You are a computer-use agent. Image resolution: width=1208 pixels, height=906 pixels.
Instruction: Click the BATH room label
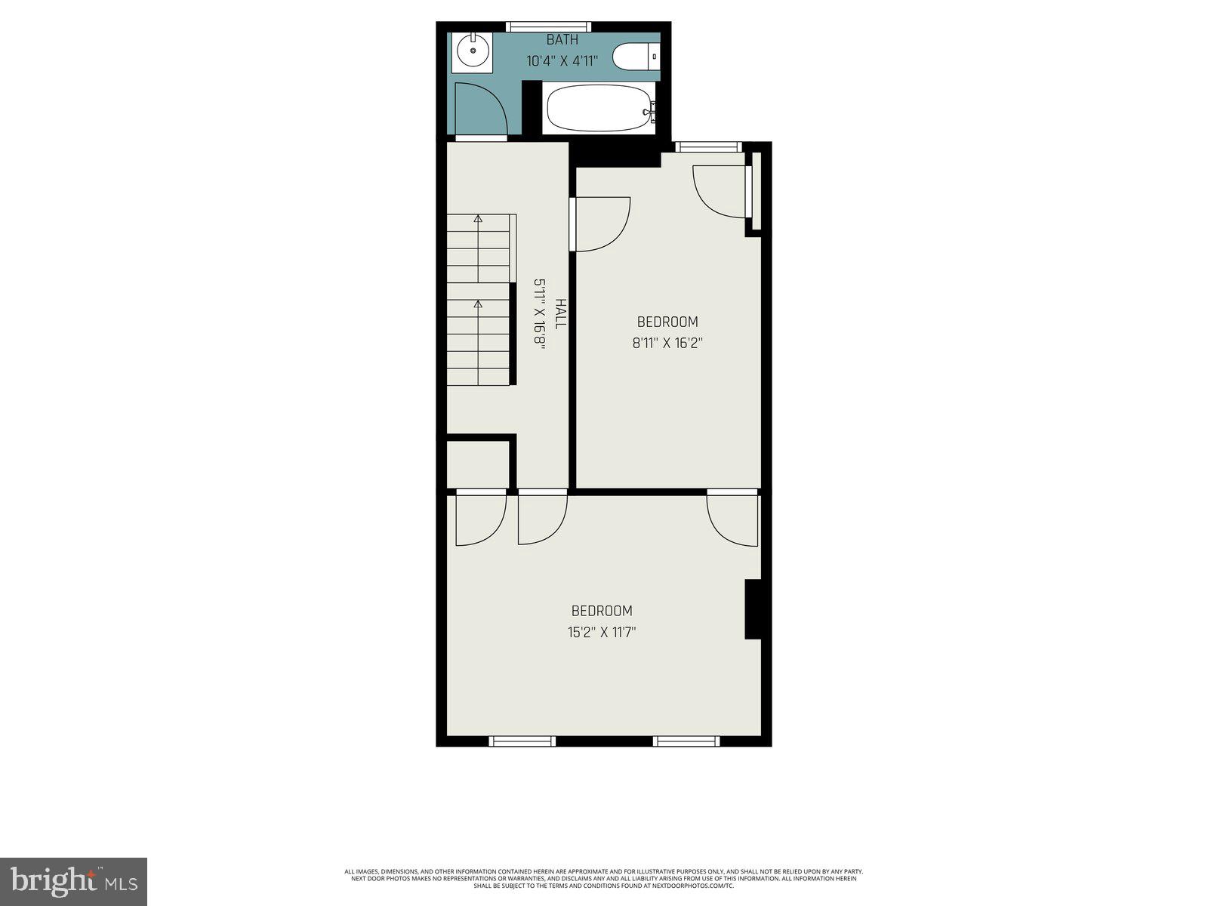(562, 40)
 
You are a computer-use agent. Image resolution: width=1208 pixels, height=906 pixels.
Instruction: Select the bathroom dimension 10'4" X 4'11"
(562, 61)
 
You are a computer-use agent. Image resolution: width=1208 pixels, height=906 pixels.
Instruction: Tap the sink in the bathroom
(473, 51)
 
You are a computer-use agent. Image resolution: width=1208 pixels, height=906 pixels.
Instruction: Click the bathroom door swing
(482, 111)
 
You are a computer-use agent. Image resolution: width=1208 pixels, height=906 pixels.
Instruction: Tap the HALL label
(560, 313)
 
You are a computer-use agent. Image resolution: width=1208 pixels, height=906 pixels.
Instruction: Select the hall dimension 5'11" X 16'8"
(540, 313)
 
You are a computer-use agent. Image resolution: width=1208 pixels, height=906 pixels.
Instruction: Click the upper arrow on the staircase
(478, 219)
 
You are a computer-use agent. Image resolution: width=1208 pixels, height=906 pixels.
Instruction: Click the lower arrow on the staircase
(478, 305)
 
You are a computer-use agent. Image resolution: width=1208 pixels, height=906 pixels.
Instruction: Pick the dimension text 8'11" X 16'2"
(667, 343)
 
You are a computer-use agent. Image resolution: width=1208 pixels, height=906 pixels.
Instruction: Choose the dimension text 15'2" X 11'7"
(602, 632)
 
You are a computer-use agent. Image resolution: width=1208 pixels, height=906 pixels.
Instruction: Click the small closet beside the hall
(477, 464)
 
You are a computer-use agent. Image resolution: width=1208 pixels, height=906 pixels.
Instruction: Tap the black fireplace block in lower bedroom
(753, 609)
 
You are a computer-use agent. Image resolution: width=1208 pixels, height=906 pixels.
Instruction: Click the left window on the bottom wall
(522, 741)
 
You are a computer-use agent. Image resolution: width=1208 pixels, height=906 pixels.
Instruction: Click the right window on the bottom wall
(686, 741)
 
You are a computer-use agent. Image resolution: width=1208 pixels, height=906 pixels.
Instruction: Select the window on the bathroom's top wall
(548, 26)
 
